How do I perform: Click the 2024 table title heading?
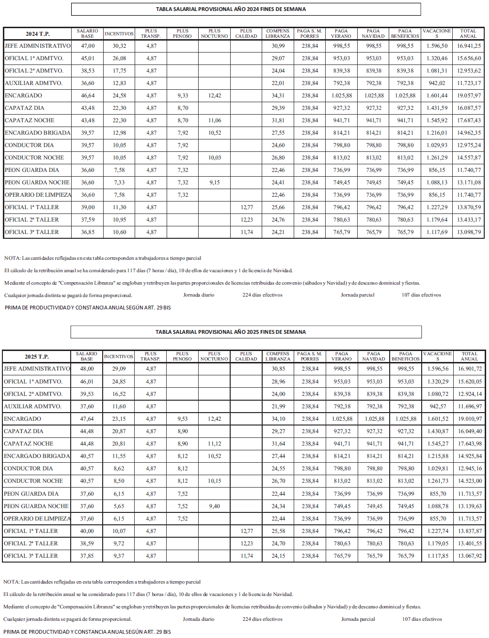231,9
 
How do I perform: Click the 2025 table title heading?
231,332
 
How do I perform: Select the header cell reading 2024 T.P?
38,34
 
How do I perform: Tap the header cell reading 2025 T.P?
37,357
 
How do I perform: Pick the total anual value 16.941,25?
468,46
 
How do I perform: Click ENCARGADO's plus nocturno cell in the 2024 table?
214,96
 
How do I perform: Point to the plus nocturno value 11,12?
214,444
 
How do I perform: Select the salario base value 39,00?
87,207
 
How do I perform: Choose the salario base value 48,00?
87,369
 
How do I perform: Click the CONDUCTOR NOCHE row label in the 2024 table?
34,158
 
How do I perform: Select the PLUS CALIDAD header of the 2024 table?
246,33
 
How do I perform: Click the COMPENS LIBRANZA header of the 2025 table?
278,356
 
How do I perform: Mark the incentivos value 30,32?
119,46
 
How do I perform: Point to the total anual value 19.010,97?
470,419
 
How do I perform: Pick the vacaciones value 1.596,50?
437,46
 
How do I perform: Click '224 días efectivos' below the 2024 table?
262,295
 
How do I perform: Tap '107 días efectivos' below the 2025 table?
422,619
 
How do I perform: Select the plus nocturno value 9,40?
214,506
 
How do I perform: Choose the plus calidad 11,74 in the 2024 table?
247,232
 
